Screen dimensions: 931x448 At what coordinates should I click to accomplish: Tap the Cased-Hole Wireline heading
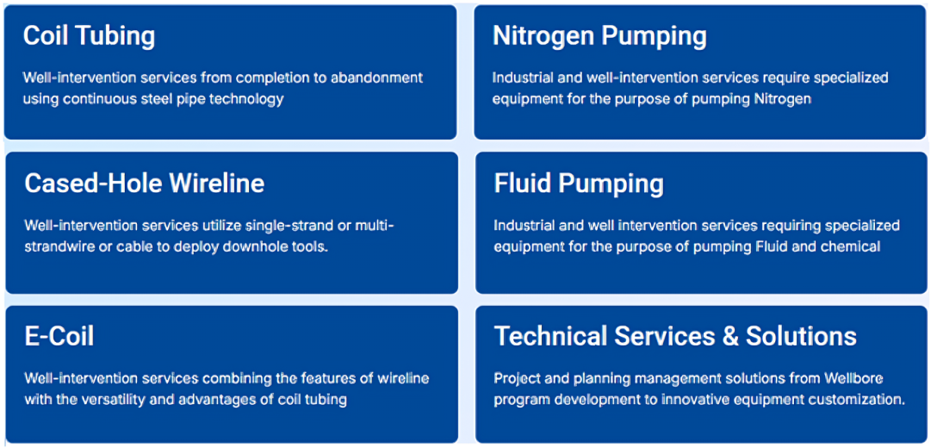(145, 184)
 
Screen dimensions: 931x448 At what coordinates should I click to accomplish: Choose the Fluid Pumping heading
(579, 184)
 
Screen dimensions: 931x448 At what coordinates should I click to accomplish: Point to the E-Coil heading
(59, 336)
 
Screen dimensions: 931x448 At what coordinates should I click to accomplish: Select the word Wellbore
(861, 378)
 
